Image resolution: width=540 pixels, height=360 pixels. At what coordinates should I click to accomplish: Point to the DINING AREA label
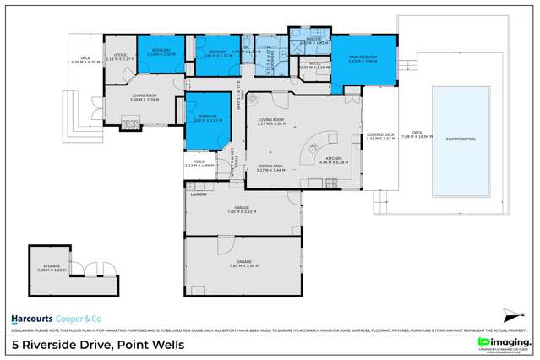click(270, 166)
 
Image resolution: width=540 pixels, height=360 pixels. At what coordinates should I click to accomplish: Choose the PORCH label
click(199, 161)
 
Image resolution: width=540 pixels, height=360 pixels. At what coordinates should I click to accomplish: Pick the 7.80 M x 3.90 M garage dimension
click(243, 266)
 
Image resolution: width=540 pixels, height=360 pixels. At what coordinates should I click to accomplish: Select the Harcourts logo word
click(30, 319)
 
